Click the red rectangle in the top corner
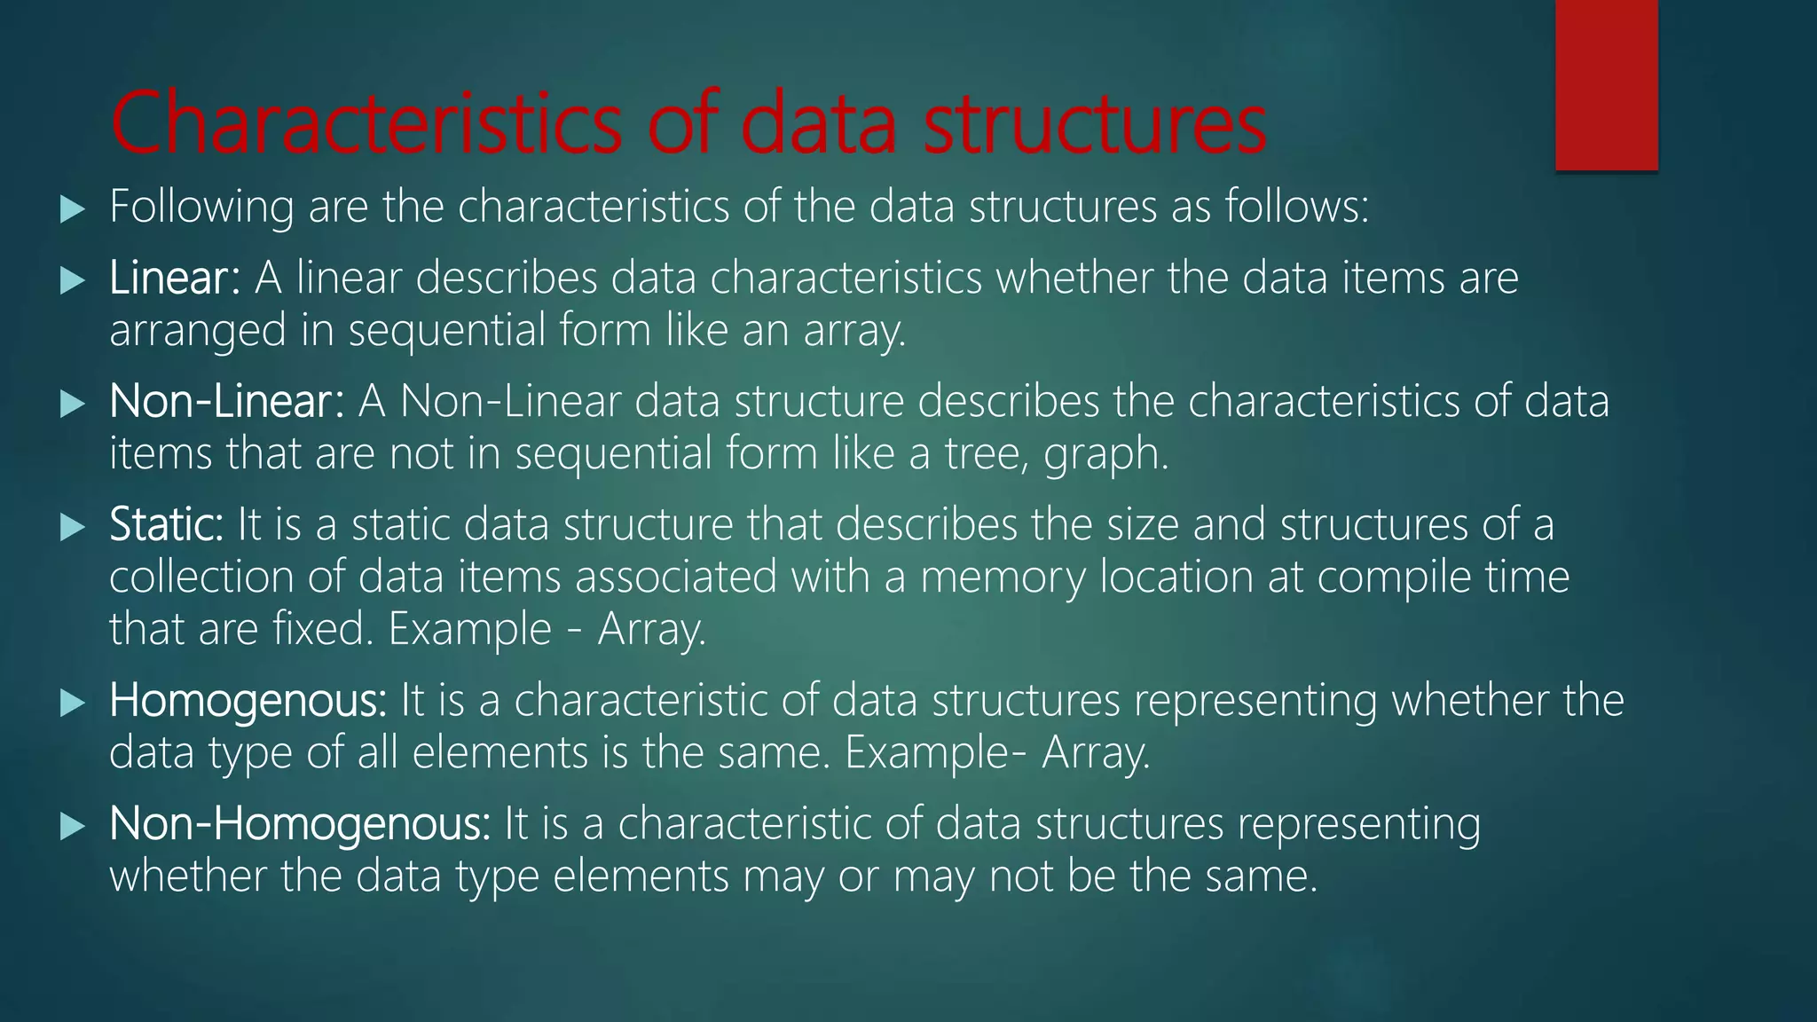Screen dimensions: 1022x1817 [1606, 84]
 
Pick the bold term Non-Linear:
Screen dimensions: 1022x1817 [227, 401]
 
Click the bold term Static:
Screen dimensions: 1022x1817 [167, 524]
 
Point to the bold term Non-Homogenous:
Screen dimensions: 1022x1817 [300, 823]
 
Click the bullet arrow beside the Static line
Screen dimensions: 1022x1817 [72, 528]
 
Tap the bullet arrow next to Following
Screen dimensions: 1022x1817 [72, 209]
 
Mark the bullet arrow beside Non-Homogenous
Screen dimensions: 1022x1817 [72, 827]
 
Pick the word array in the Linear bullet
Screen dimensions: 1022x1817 [854, 331]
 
